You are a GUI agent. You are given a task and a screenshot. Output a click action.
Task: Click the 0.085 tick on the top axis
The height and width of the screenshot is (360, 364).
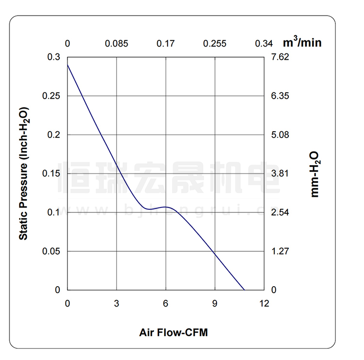pyautogui.click(x=116, y=44)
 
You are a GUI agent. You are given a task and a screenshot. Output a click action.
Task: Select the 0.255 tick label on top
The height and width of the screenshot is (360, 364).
pyautogui.click(x=215, y=44)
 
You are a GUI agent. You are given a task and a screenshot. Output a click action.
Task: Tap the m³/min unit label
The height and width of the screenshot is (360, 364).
pyautogui.click(x=302, y=42)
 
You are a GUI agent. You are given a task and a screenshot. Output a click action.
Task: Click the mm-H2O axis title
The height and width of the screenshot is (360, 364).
pyautogui.click(x=315, y=173)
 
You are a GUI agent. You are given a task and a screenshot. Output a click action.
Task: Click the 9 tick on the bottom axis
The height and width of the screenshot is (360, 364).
pyautogui.click(x=215, y=304)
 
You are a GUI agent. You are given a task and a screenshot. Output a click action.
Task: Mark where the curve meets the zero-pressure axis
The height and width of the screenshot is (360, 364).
pyautogui.click(x=244, y=290)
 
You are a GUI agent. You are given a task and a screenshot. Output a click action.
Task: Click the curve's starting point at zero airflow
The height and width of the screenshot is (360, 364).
pyautogui.click(x=67, y=64)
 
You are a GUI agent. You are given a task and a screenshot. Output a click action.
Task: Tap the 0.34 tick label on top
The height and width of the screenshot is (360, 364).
pyautogui.click(x=264, y=44)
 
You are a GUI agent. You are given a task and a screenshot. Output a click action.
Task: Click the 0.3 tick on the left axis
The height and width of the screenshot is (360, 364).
pyautogui.click(x=54, y=57)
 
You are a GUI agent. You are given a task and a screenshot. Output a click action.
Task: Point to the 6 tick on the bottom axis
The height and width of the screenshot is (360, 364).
pyautogui.click(x=165, y=304)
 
